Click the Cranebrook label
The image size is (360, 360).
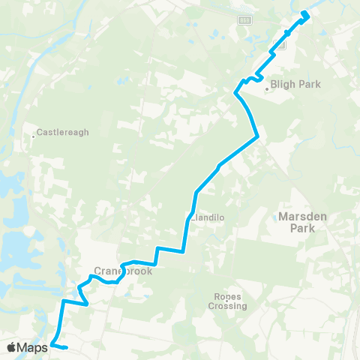click(124, 271)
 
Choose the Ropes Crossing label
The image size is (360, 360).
click(227, 301)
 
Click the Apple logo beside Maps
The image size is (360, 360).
click(13, 347)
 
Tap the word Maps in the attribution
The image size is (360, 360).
click(33, 347)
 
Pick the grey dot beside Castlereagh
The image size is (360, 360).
click(34, 136)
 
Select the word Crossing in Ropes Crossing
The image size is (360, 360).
click(227, 306)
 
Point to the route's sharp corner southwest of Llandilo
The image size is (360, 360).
click(183, 251)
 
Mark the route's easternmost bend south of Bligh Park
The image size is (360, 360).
click(257, 136)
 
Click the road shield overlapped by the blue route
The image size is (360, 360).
click(280, 45)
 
